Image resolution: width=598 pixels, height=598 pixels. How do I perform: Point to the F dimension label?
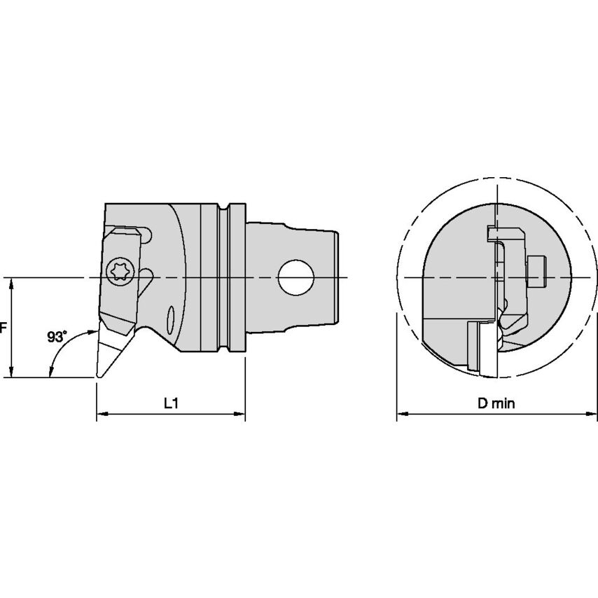coord(3,328)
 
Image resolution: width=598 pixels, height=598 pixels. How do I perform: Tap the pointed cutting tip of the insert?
coord(98,377)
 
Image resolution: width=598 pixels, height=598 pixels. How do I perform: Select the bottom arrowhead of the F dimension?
coord(12,373)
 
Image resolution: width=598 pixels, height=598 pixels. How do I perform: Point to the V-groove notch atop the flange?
coord(223,209)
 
